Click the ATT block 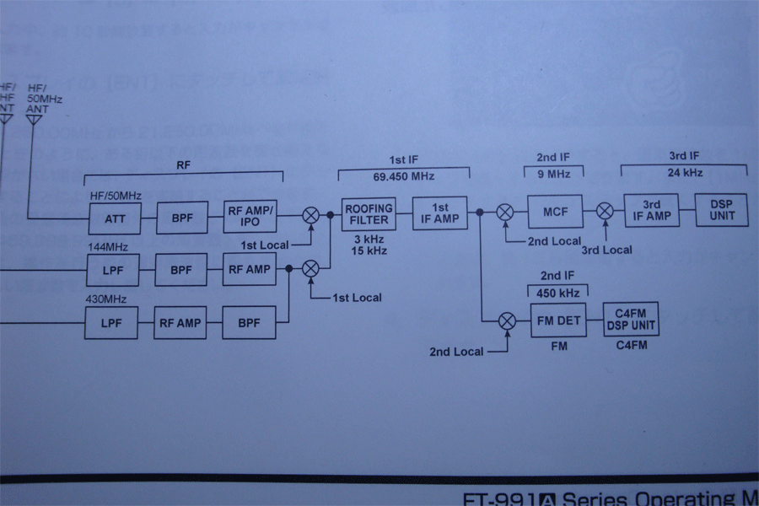point(115,218)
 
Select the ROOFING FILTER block point(369,214)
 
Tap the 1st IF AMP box point(439,213)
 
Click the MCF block point(555,211)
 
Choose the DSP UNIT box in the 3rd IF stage point(721,210)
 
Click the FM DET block point(558,320)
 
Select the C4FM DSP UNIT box point(631,320)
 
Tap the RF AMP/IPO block point(250,217)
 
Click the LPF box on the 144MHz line point(112,270)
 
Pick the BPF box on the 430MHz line point(249,323)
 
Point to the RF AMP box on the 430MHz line point(180,323)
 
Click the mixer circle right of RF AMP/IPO point(311,215)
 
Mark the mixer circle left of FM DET point(507,320)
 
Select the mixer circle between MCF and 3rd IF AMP point(605,212)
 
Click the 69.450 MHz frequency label point(403,175)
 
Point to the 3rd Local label point(608,250)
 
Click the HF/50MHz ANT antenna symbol point(34,120)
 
